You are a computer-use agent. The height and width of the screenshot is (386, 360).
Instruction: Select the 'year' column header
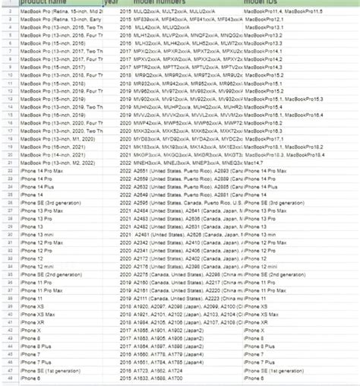[111, 4]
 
